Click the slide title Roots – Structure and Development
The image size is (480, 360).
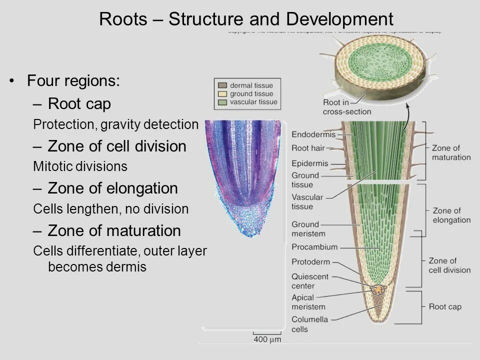(246, 19)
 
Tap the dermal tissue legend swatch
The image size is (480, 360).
(222, 85)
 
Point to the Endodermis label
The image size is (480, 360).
(313, 134)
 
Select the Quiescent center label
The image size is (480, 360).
(310, 281)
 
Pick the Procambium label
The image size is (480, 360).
(314, 247)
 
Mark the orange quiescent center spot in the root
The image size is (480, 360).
(378, 289)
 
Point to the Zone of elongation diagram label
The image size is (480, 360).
(451, 215)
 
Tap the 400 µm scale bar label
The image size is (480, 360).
(267, 339)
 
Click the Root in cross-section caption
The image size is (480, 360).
(340, 107)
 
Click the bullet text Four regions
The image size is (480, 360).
(73, 80)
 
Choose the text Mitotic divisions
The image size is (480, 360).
(80, 166)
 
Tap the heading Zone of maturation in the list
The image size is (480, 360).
(114, 230)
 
